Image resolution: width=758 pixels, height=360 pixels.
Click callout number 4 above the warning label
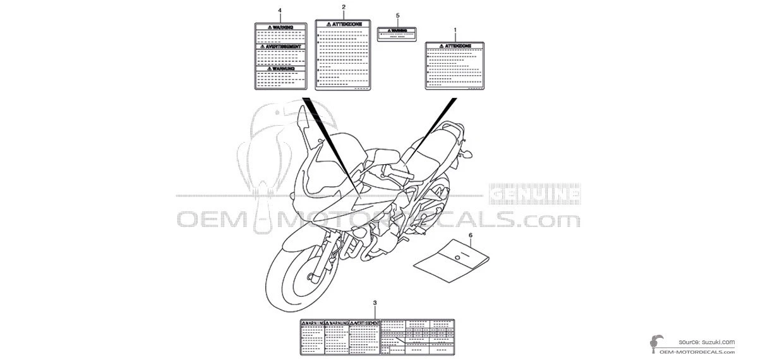point(280,11)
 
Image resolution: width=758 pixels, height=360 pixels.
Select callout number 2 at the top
point(343,7)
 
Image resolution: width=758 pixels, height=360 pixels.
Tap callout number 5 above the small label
point(397,15)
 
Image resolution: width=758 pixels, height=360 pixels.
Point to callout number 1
point(455,30)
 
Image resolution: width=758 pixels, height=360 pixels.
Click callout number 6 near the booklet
point(470,235)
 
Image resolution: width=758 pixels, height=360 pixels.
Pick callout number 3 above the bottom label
point(375,304)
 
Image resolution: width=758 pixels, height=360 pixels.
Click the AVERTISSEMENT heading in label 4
point(280,47)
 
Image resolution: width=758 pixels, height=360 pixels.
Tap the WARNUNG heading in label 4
point(280,68)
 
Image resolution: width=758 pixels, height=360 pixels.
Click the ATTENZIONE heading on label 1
point(455,46)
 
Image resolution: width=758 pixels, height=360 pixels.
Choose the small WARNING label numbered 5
point(397,33)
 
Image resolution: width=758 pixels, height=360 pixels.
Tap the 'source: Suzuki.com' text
point(707,342)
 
